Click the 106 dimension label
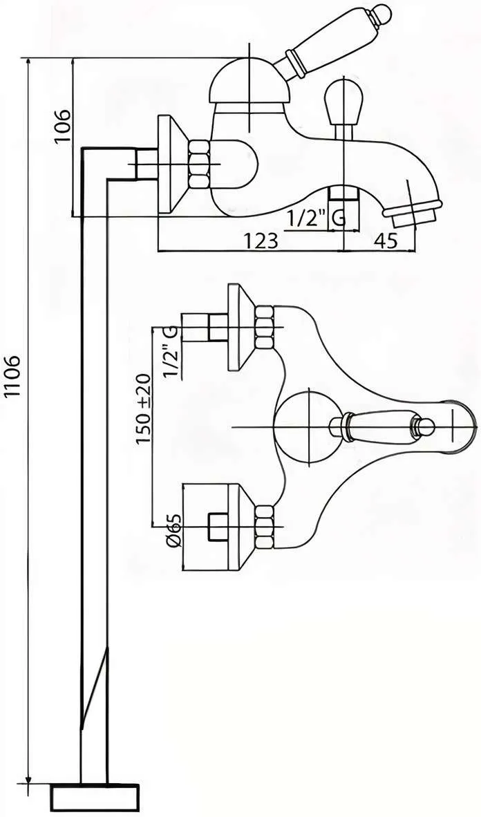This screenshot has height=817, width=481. pos(62,126)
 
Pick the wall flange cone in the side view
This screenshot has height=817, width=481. pos(173,164)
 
